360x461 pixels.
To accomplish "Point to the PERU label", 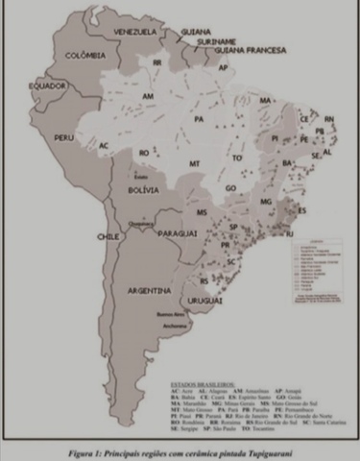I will [64, 137].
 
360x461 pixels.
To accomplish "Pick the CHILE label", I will [106, 234].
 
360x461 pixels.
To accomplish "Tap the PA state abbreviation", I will [200, 119].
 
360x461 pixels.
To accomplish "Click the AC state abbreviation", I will [104, 145].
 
